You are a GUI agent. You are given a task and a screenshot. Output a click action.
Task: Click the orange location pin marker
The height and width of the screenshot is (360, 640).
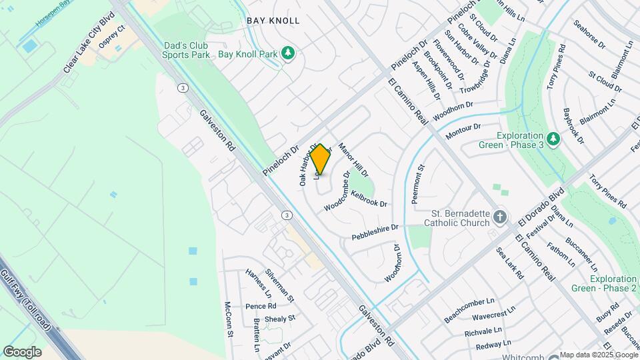click(321, 159)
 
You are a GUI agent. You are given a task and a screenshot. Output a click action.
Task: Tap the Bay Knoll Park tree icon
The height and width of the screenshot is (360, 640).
click(288, 53)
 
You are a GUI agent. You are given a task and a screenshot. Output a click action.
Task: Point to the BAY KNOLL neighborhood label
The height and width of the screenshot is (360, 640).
click(273, 21)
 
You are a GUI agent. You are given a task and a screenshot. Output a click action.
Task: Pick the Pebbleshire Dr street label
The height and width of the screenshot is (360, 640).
click(375, 231)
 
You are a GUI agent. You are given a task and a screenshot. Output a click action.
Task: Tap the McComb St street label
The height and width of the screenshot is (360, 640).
click(228, 319)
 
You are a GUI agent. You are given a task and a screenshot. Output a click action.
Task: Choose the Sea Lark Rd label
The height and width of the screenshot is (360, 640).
click(507, 262)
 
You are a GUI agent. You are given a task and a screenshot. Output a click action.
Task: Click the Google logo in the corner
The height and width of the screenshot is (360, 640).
click(23, 351)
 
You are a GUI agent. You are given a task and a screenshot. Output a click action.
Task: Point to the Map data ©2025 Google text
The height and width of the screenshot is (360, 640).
click(599, 355)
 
